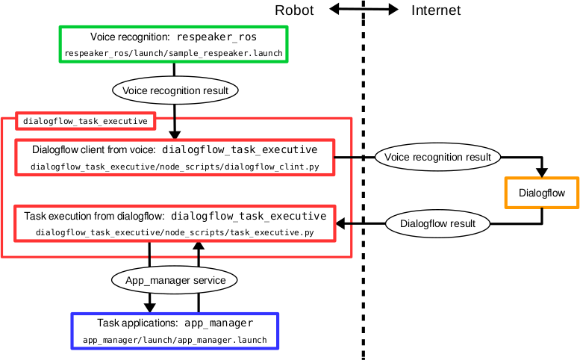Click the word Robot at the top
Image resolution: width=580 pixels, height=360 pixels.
coord(294,10)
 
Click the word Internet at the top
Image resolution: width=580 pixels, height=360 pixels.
coord(436,10)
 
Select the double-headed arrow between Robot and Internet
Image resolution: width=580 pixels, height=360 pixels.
coord(364,10)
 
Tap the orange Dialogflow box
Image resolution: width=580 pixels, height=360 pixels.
coord(542,193)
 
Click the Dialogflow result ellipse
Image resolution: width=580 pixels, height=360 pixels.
coord(437,223)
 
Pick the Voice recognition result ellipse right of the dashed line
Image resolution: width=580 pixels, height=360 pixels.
coord(437,157)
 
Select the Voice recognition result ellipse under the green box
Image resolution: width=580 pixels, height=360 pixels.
coord(175,90)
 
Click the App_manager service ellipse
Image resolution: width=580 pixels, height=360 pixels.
coord(175,280)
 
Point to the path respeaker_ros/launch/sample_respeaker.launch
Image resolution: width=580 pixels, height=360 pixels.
coord(173,54)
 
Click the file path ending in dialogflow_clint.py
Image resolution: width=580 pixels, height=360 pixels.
coord(175,167)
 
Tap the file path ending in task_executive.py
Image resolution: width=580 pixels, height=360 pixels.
coord(175,233)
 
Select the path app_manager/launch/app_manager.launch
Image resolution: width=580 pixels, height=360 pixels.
coord(175,340)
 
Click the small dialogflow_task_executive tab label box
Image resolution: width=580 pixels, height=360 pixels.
coord(86,120)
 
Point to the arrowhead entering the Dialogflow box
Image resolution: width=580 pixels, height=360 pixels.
coord(542,173)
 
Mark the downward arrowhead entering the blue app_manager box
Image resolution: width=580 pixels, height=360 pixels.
coord(150,307)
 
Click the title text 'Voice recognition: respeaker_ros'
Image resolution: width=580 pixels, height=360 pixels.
coord(173,37)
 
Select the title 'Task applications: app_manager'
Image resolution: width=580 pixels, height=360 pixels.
coord(175,323)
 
